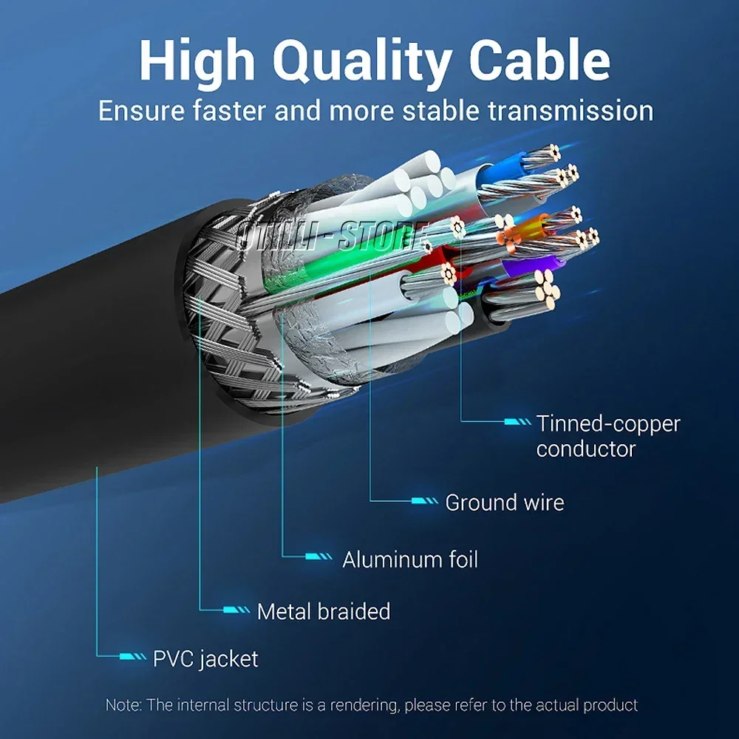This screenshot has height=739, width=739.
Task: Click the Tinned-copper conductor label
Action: tap(607, 436)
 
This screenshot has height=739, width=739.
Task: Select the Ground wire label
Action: tap(504, 503)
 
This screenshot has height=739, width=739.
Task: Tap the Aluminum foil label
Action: tap(409, 559)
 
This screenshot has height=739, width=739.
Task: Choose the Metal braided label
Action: tap(323, 611)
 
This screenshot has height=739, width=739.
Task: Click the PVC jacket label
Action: tap(205, 658)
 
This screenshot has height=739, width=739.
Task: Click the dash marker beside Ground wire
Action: tap(425, 502)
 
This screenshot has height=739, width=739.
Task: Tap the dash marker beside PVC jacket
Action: tap(133, 656)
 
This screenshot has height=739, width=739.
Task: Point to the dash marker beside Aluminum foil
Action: tap(319, 556)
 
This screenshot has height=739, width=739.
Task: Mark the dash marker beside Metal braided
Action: tap(236, 610)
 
